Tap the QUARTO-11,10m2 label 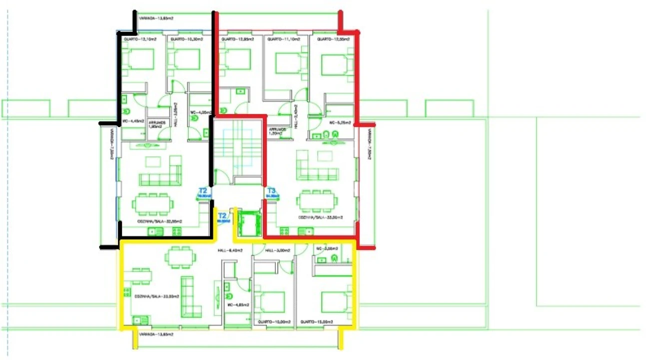(x=283, y=39)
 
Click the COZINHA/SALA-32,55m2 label (x=159, y=220)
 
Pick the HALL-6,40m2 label (x=230, y=250)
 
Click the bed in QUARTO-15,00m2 (x=336, y=301)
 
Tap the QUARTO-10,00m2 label (x=275, y=322)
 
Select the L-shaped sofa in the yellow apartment (x=191, y=297)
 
